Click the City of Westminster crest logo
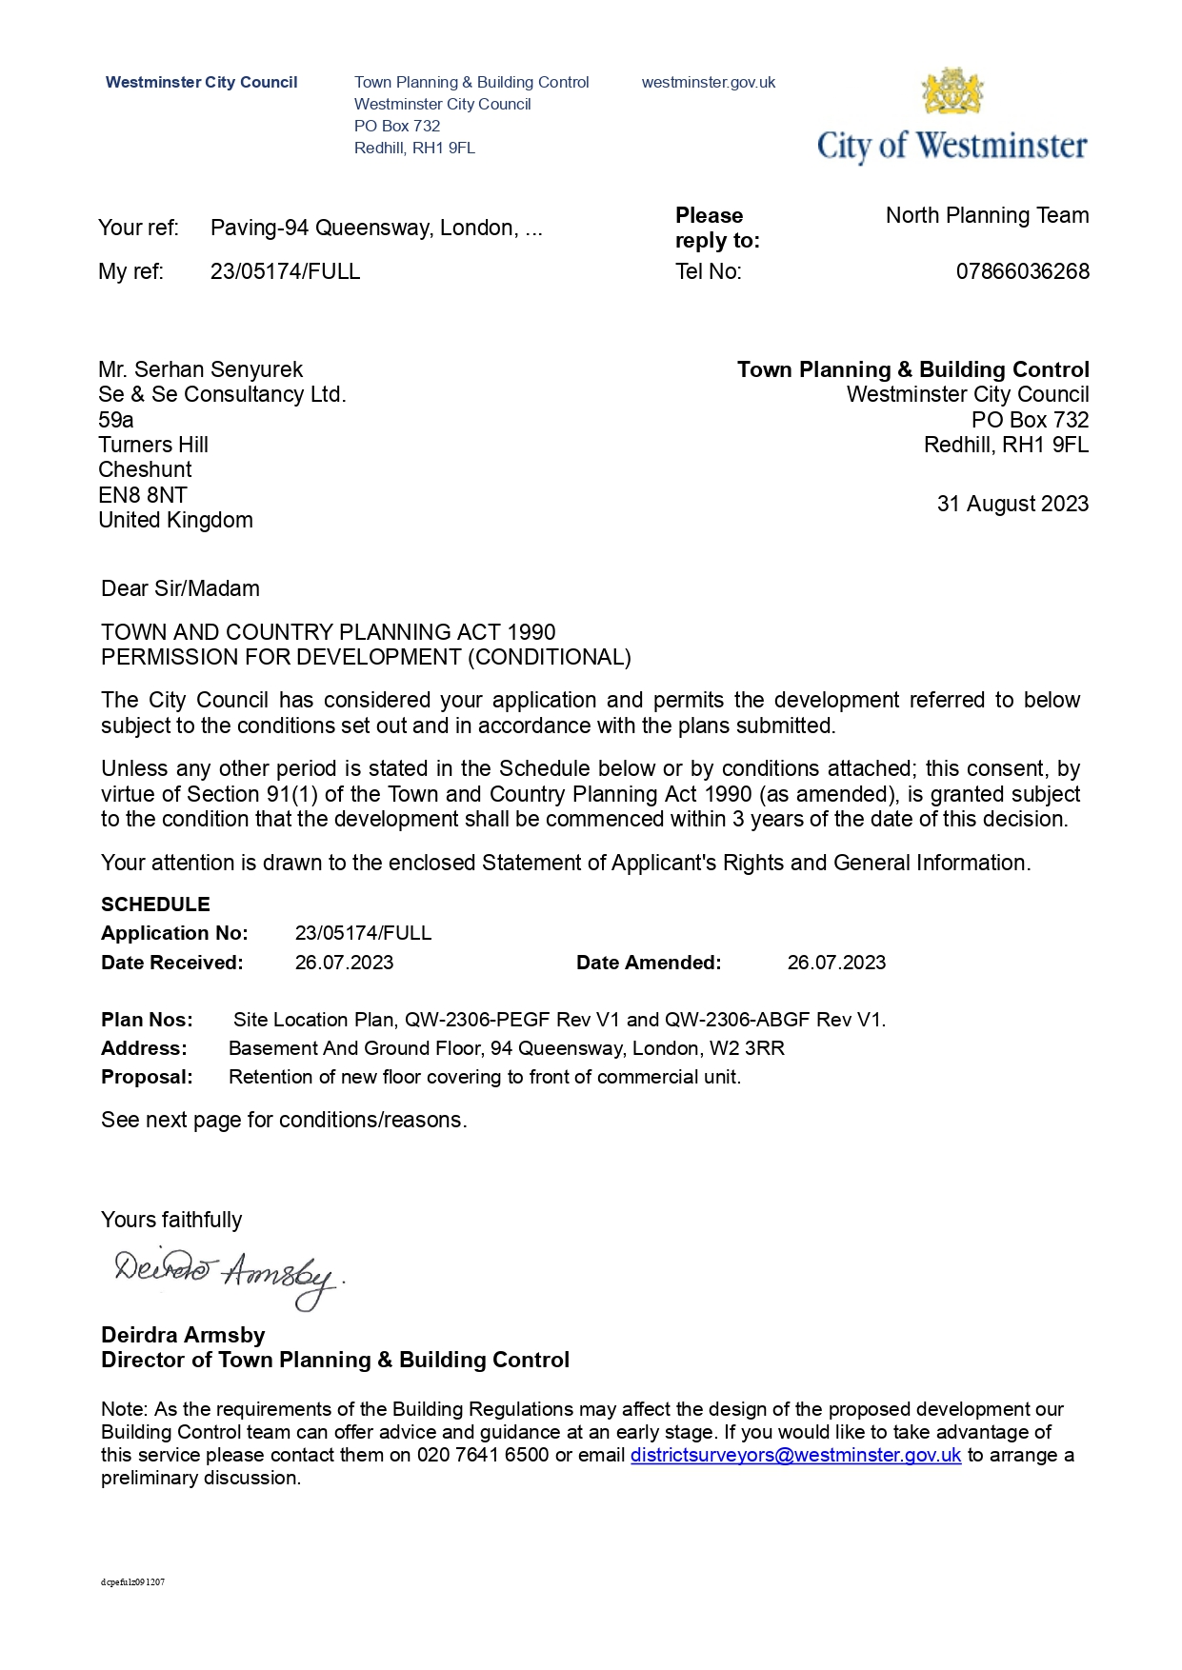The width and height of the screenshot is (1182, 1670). click(952, 91)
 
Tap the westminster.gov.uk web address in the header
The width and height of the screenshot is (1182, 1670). click(708, 83)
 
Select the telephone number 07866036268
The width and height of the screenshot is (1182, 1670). click(1022, 271)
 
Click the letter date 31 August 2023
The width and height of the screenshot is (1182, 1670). click(1012, 504)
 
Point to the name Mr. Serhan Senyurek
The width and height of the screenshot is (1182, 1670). click(200, 369)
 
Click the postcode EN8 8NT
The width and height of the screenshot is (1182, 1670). click(143, 495)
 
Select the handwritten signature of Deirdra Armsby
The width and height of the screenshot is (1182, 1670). click(227, 1276)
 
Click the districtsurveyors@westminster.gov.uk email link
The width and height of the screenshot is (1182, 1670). click(795, 1455)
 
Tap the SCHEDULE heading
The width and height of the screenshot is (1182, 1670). click(155, 905)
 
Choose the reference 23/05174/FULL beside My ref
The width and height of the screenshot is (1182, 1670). click(285, 271)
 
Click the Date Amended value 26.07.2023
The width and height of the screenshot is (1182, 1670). click(836, 963)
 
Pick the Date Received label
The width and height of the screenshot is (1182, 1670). click(172, 963)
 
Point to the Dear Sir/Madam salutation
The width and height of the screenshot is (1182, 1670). click(180, 588)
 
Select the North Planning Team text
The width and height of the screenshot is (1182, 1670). click(987, 215)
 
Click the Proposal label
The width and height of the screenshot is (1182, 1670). click(147, 1077)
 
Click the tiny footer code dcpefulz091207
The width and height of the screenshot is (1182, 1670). click(132, 1582)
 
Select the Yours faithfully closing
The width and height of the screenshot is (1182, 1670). click(171, 1220)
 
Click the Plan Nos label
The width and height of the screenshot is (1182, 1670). click(147, 1020)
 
